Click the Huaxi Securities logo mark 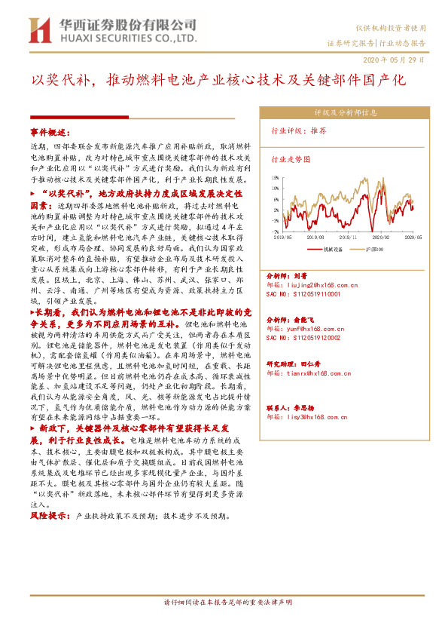(x=39, y=31)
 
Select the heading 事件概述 (x=49, y=131)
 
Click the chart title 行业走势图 (x=291, y=160)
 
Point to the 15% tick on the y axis (x=276, y=178)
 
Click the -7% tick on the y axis (x=276, y=232)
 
